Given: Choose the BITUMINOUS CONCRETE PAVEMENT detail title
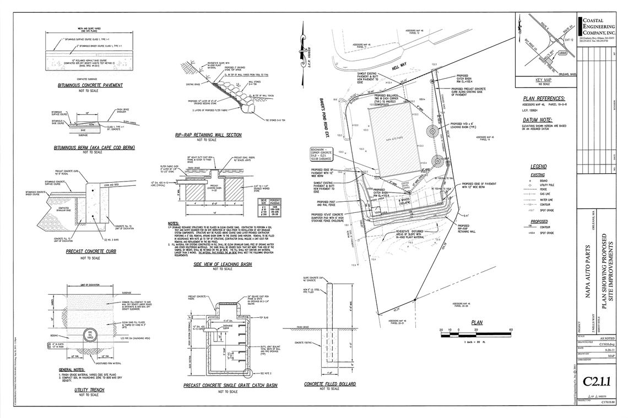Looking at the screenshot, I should click(x=90, y=85).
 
